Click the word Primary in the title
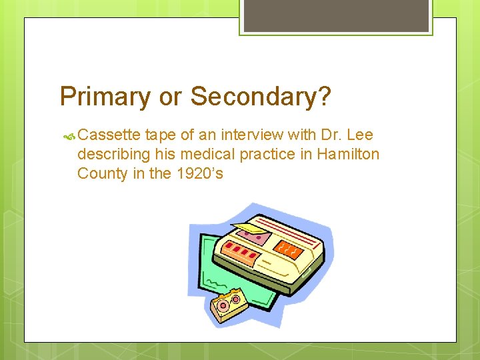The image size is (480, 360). (105, 97)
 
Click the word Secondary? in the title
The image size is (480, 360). (261, 97)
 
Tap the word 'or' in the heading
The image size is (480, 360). (171, 97)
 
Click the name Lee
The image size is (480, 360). (361, 135)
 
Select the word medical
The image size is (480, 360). (213, 155)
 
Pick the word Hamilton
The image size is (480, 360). (348, 155)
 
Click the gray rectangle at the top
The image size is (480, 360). (335, 15)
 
